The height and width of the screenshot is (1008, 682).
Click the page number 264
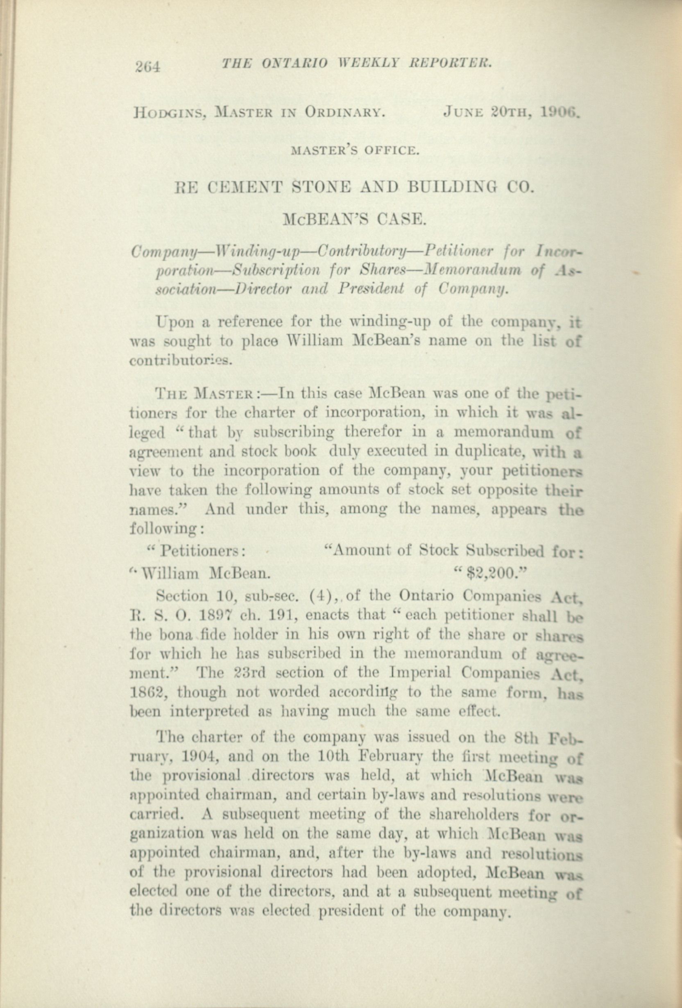tap(148, 66)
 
